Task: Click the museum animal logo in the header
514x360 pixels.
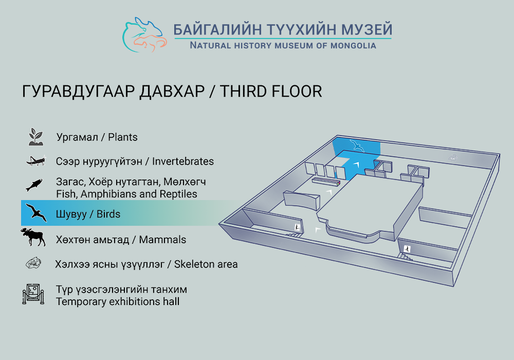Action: pyautogui.click(x=144, y=35)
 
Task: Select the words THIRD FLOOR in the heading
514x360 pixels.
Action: pyautogui.click(x=271, y=91)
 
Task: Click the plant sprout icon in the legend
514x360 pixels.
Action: pyautogui.click(x=36, y=137)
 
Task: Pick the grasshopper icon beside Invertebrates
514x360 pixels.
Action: pyautogui.click(x=36, y=160)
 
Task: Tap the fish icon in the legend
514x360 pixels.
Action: pyautogui.click(x=34, y=185)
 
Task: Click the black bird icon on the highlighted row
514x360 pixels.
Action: pyautogui.click(x=36, y=213)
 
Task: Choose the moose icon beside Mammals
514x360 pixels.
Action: pyautogui.click(x=33, y=237)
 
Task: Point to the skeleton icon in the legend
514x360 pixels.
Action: pyautogui.click(x=34, y=263)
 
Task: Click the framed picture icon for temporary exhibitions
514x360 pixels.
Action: pyautogui.click(x=33, y=294)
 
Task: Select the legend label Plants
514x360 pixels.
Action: pyautogui.click(x=123, y=137)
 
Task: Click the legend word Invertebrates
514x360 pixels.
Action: pyautogui.click(x=183, y=161)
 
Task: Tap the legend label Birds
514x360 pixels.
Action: pyautogui.click(x=108, y=214)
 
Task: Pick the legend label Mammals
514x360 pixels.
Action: pyautogui.click(x=162, y=240)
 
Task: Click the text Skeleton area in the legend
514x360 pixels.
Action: pyautogui.click(x=206, y=264)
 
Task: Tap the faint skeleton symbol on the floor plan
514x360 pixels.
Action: pyautogui.click(x=453, y=158)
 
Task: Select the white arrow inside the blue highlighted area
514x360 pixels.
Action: pyautogui.click(x=357, y=164)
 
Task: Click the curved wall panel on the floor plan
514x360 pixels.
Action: pyautogui.click(x=301, y=200)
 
